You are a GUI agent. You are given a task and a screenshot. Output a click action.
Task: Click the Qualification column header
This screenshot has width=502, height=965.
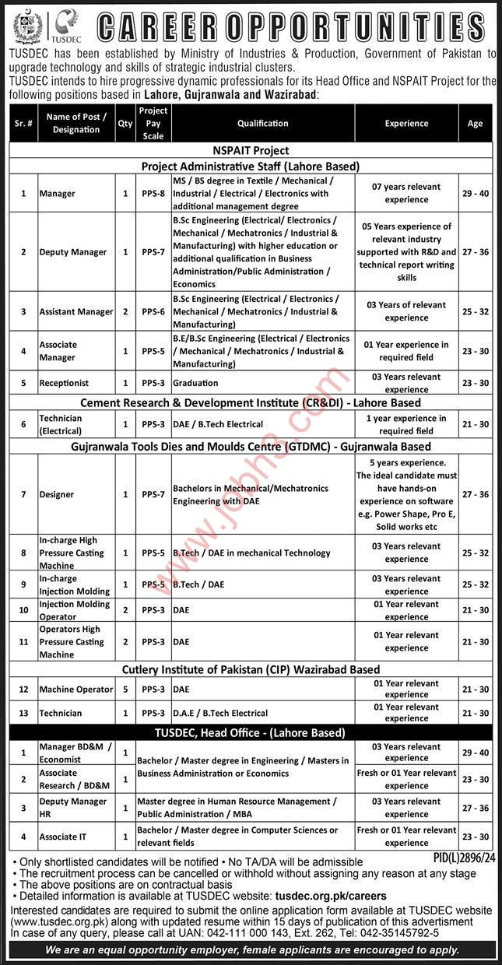coord(263,123)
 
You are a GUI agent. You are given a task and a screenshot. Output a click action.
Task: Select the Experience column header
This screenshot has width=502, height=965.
coord(406,123)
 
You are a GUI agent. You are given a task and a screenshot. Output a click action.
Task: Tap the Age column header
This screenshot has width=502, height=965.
coord(475,123)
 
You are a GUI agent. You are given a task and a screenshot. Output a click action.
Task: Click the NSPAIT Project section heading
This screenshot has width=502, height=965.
coord(250,150)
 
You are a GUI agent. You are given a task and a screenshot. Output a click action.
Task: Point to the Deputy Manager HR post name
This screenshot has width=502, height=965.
coord(74,807)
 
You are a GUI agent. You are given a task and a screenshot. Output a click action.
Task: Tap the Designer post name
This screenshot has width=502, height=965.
coord(57,493)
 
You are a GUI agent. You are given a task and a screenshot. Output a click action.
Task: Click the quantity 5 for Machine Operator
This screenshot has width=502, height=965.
coord(125,689)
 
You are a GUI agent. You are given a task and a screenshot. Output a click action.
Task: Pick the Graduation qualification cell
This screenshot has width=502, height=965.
coord(195,383)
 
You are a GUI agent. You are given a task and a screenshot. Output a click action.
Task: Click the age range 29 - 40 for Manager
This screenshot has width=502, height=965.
coord(475,193)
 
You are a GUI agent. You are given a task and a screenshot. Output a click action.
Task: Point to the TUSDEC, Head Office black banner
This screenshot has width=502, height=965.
coord(250,732)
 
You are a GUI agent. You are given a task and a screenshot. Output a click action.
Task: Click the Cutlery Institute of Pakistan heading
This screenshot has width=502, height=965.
coord(250,669)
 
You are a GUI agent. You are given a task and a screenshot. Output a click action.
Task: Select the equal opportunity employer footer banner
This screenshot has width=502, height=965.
coord(250,950)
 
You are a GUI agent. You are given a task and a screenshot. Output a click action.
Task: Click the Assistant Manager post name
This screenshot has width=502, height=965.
coord(76,311)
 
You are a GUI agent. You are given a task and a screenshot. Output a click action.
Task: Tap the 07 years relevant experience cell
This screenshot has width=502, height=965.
coord(406,193)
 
